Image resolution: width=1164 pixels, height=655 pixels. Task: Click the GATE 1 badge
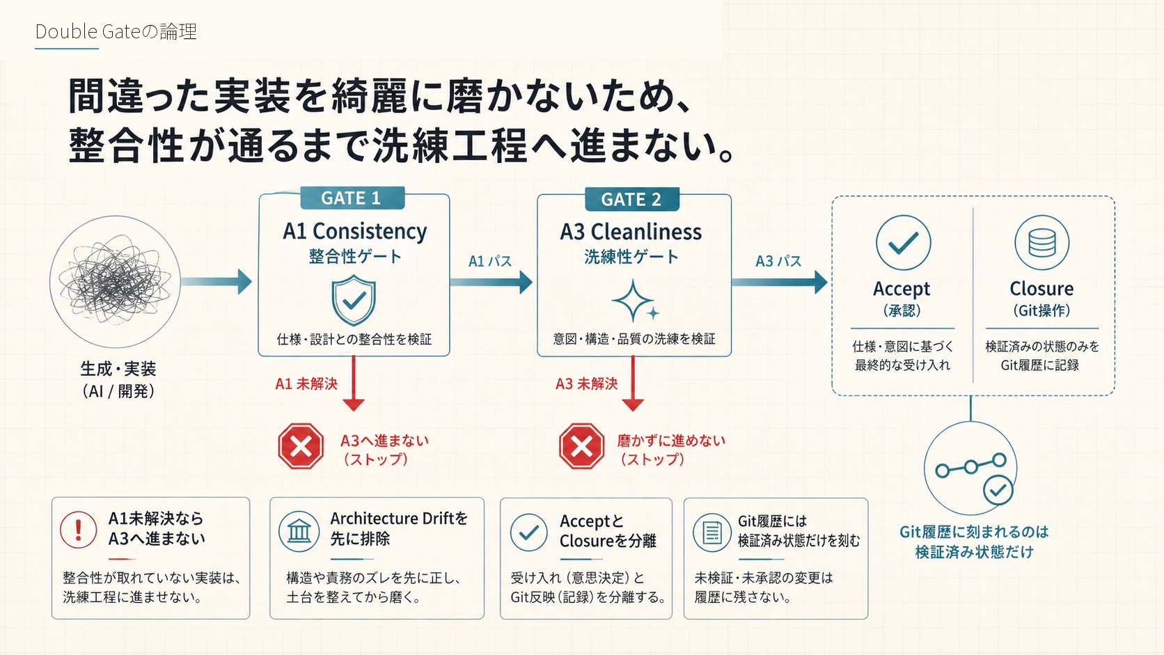coord(352,198)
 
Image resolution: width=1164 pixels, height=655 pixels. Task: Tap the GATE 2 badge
coord(632,199)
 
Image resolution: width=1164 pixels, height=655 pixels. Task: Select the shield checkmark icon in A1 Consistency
coord(354,300)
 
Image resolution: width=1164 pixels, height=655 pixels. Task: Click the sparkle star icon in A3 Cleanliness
coord(635,301)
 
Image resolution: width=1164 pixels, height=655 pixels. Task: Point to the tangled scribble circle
coord(115,282)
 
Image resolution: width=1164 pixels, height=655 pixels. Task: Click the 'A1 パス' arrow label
coord(490,261)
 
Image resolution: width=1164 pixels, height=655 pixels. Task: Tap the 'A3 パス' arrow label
coord(778,261)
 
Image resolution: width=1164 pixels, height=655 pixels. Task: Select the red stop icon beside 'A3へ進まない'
coord(301,446)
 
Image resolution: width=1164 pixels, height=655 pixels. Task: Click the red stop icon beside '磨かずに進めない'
coord(582,446)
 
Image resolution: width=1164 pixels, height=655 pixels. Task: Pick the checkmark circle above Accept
coord(903,242)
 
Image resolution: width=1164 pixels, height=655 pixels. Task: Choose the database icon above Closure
coord(1042,242)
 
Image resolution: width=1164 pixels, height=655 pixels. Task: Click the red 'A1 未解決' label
coord(306,384)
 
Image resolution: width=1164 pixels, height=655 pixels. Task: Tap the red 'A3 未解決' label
coord(587,384)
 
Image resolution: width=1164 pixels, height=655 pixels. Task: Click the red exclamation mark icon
coord(79,530)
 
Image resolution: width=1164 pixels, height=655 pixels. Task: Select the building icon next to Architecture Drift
coord(299,531)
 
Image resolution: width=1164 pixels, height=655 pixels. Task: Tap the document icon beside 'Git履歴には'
coord(712,532)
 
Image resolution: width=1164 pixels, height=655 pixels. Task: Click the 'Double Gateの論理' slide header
coord(116,32)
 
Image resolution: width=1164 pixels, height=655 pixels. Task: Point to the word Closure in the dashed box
coord(1041,288)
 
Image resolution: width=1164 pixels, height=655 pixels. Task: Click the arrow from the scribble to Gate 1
coord(217,281)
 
